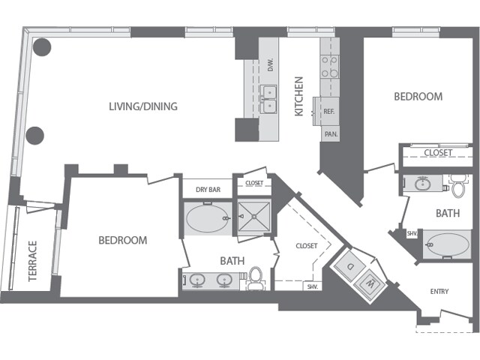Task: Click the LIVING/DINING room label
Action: click(143, 106)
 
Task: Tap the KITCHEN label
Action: click(298, 95)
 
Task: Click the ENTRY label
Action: click(439, 291)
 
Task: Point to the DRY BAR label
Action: click(208, 190)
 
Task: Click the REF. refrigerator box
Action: click(328, 111)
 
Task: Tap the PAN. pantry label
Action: click(330, 135)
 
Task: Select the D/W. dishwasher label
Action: click(270, 65)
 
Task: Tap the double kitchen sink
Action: click(269, 99)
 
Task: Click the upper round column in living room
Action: click(41, 47)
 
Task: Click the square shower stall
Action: click(253, 217)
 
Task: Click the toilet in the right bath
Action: click(457, 183)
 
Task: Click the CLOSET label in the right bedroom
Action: click(437, 153)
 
